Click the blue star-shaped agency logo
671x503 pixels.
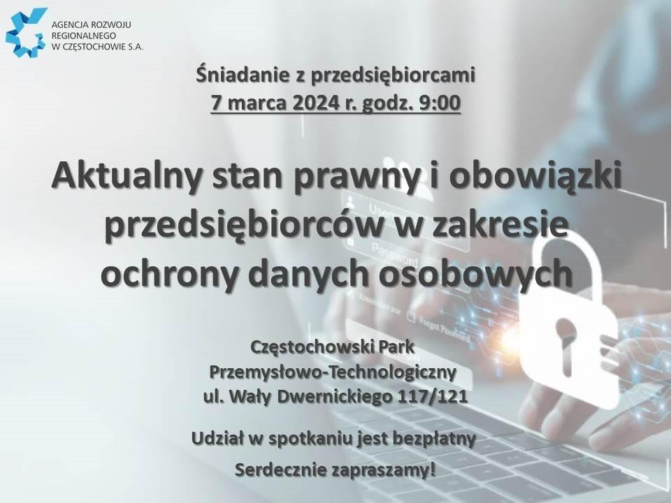tap(26, 33)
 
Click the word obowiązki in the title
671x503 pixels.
tap(535, 177)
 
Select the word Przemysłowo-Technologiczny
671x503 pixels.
tap(333, 372)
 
